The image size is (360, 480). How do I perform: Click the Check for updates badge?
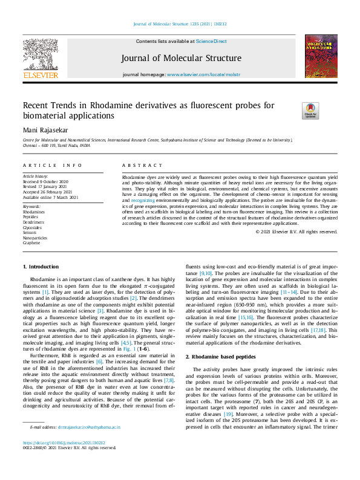(309, 111)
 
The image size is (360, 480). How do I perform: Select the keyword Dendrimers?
(33, 222)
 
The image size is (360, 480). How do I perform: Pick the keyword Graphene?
(31, 242)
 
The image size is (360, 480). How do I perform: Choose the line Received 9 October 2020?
(46, 181)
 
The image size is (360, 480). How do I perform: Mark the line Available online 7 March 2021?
(50, 197)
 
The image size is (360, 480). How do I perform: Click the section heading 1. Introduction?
(41, 267)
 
